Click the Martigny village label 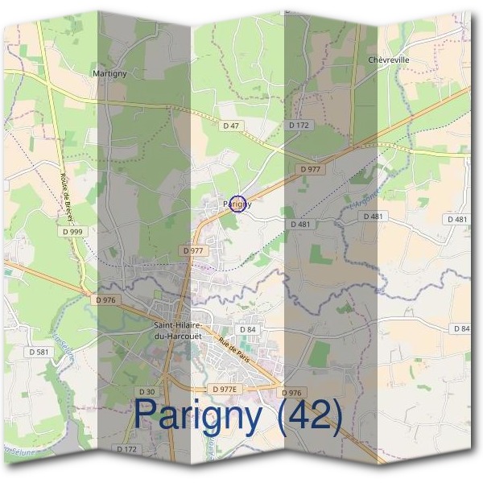click(110, 73)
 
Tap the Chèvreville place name click(389, 60)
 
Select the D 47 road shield click(232, 126)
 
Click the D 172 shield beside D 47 click(299, 126)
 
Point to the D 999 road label click(72, 232)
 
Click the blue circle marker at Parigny click(237, 204)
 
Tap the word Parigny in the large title click(199, 415)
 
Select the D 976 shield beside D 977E click(292, 392)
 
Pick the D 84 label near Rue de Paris click(247, 330)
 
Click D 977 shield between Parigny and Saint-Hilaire click(194, 250)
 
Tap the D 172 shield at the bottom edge click(127, 448)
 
